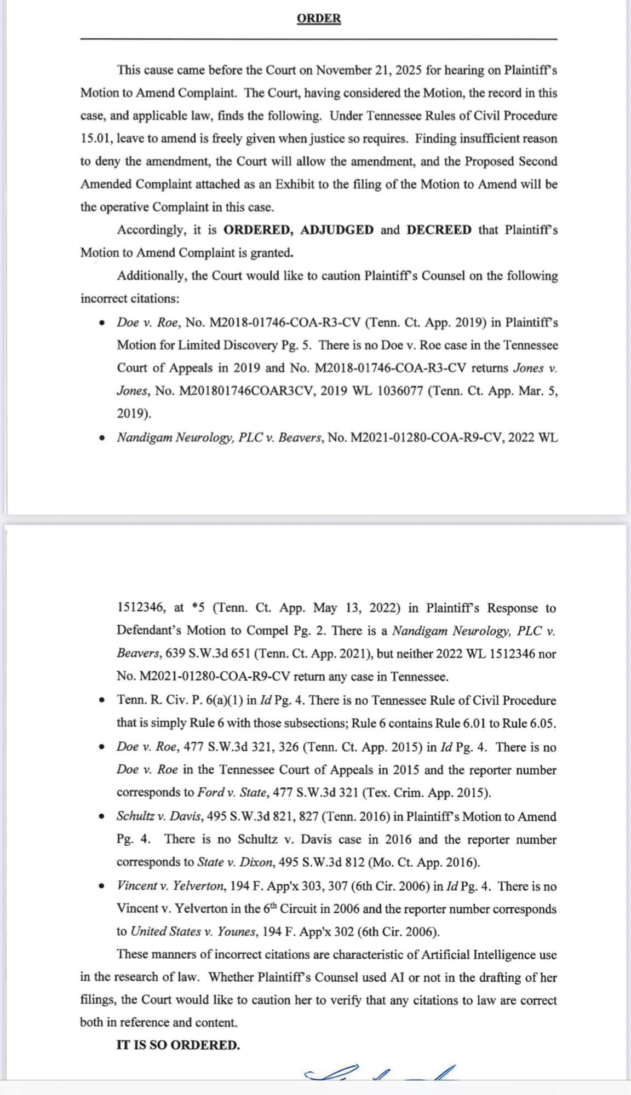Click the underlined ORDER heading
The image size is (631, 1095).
(319, 18)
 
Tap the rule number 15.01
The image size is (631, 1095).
(96, 139)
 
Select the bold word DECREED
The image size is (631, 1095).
(439, 229)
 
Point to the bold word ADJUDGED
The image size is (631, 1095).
(337, 229)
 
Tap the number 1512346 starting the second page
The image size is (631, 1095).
(141, 608)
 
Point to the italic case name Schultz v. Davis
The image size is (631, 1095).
(159, 816)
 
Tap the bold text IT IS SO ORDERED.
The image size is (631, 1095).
(178, 1045)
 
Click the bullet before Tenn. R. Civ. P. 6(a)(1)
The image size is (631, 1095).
(102, 700)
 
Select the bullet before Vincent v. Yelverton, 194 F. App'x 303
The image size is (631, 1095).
(102, 886)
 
